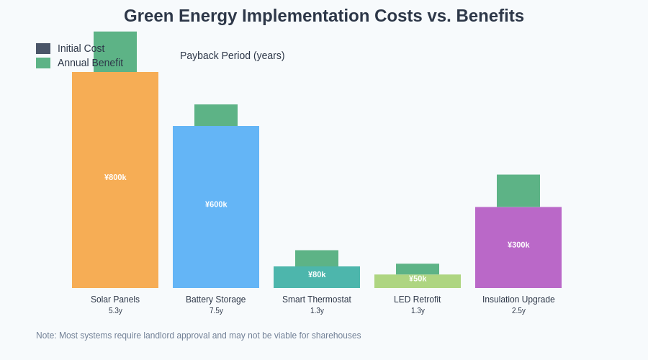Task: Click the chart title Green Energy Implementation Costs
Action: (323, 16)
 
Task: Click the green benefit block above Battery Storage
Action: (216, 115)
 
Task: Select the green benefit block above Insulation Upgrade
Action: (518, 191)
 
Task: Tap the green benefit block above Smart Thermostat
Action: (317, 258)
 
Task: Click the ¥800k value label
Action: (115, 177)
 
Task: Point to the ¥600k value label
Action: (216, 204)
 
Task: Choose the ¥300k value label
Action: (518, 245)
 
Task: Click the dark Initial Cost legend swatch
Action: (43, 48)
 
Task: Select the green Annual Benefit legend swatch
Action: (43, 63)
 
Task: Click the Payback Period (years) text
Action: (232, 55)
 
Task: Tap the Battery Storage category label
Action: (216, 300)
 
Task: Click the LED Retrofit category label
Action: (418, 300)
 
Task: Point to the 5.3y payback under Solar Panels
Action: (115, 311)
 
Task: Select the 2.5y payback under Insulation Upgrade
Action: (518, 311)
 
